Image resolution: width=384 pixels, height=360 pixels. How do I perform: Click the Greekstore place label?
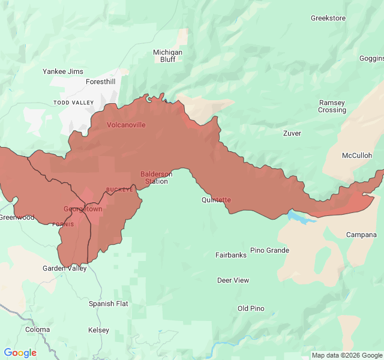[328, 18]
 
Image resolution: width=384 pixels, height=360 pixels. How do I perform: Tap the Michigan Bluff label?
[167, 56]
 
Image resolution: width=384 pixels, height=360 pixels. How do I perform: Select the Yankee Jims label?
[63, 71]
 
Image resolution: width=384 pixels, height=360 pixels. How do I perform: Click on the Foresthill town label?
[100, 82]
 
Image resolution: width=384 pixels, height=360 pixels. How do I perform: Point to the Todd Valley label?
[74, 103]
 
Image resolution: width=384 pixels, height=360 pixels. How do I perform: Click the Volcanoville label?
[126, 125]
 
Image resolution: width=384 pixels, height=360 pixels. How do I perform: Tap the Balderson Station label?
[157, 178]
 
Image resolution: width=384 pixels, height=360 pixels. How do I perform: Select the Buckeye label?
[119, 190]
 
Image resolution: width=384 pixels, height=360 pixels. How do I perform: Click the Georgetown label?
[83, 209]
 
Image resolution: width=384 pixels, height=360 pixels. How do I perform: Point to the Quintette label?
[216, 200]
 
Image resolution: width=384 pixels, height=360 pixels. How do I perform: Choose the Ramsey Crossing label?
[332, 106]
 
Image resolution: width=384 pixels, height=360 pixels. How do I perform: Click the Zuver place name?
[292, 133]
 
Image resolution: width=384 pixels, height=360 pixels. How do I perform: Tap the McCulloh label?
[357, 155]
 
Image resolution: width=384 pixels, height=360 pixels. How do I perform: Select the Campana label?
[361, 235]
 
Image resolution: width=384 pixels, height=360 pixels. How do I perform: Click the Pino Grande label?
[269, 250]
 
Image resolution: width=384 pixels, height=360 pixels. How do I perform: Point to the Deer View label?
[233, 280]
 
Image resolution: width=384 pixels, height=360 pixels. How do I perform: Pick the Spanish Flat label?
[109, 304]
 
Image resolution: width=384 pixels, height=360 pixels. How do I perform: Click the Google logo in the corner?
[20, 353]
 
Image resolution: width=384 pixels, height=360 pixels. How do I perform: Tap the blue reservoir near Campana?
[300, 217]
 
